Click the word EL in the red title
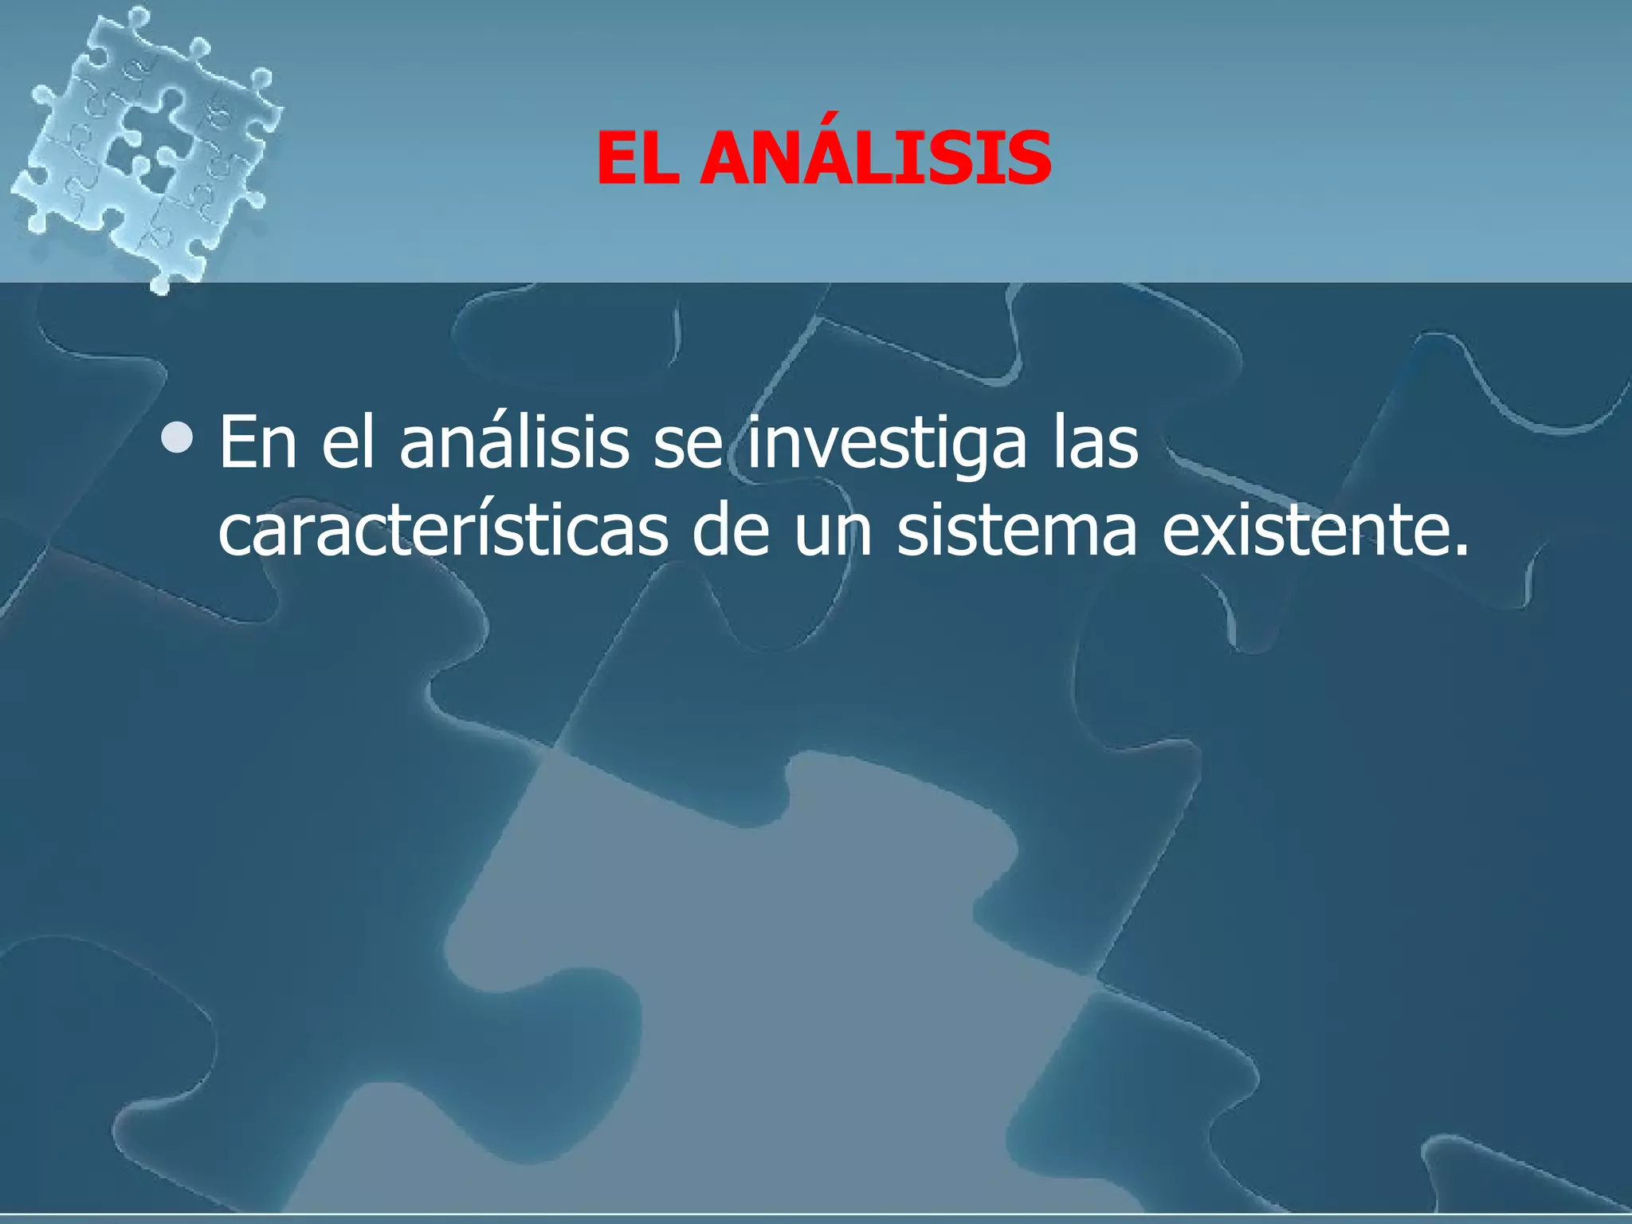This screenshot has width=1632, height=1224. (x=637, y=159)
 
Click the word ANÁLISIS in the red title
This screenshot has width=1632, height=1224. (x=875, y=159)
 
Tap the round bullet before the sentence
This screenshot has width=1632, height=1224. (x=176, y=437)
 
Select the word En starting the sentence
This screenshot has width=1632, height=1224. (x=257, y=443)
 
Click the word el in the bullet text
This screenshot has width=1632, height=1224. (x=347, y=443)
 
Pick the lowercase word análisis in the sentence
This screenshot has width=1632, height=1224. (x=514, y=443)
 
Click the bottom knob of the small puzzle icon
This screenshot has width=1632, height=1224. (x=162, y=283)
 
